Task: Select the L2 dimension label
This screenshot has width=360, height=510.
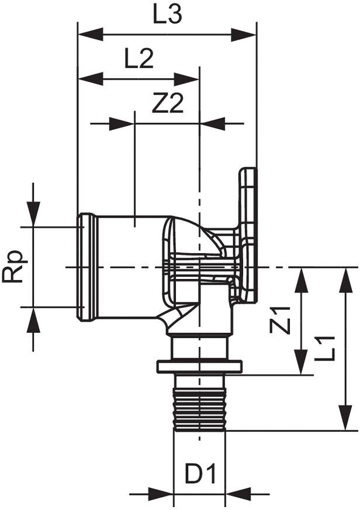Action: point(139,59)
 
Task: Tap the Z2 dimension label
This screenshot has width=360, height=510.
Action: point(168,104)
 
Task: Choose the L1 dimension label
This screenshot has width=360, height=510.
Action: point(324,349)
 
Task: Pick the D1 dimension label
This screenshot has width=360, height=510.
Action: point(200,474)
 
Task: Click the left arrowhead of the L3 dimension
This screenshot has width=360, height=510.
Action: point(90,34)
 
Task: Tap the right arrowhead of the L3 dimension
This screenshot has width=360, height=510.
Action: point(244,34)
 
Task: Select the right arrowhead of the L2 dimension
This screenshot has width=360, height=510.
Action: point(186,79)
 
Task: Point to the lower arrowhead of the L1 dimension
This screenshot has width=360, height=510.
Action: point(347,418)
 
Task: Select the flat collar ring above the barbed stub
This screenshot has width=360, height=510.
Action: point(199,366)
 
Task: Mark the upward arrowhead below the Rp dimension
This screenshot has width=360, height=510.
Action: point(33,320)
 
